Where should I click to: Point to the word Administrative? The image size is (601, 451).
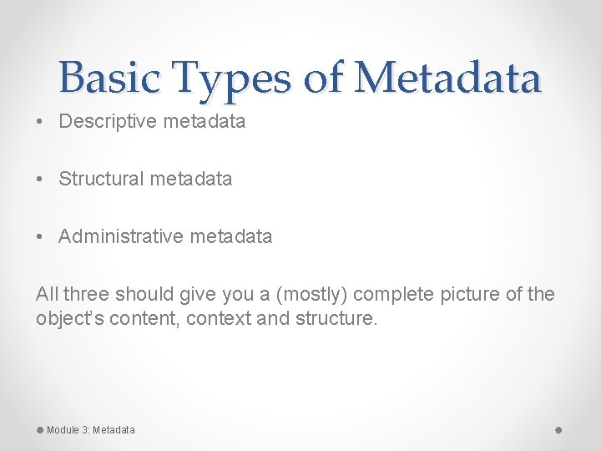[120, 237]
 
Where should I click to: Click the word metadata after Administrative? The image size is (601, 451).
[230, 237]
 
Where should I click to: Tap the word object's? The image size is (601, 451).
[65, 319]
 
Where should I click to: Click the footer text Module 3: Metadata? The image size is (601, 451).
[90, 430]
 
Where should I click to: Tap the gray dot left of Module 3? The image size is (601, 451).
[39, 429]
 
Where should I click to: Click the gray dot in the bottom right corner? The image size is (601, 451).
[558, 429]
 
